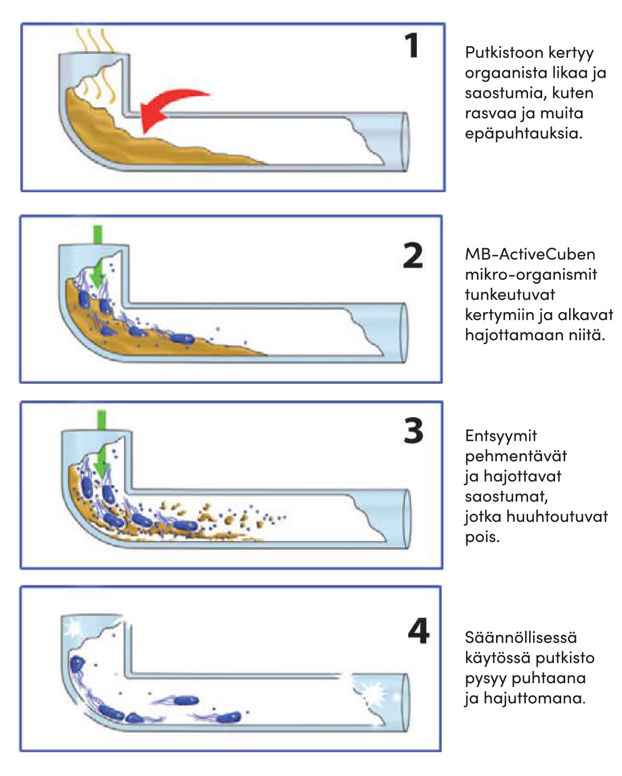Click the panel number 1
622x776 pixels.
(x=412, y=46)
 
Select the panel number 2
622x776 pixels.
(x=413, y=256)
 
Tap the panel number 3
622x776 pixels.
(x=413, y=431)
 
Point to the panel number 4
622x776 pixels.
(x=418, y=631)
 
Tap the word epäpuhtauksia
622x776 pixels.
(x=523, y=134)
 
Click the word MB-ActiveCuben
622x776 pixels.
(x=530, y=254)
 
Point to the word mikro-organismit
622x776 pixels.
(x=531, y=274)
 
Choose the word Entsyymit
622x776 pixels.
(x=501, y=436)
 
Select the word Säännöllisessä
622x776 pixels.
(x=521, y=638)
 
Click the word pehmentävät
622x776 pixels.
(x=516, y=456)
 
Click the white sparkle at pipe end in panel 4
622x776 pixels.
(x=375, y=692)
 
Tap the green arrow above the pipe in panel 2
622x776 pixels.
(x=98, y=234)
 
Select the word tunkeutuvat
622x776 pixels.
(x=510, y=295)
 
